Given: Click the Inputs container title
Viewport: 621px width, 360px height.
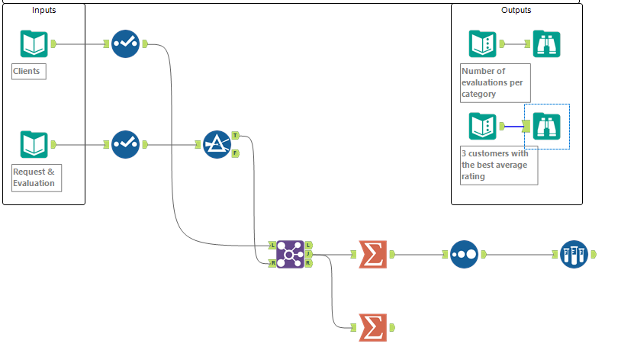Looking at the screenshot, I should tap(43, 10).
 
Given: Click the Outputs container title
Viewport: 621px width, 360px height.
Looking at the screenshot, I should tap(516, 10).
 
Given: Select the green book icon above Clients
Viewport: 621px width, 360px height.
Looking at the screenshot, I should tap(34, 44).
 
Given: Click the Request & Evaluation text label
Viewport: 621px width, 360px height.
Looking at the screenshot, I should tap(35, 177).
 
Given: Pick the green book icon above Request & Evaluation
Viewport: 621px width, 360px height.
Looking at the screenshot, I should tap(34, 144).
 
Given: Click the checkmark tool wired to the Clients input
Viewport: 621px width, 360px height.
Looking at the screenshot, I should tap(125, 43).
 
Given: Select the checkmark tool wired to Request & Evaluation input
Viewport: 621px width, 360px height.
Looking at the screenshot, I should tap(125, 144).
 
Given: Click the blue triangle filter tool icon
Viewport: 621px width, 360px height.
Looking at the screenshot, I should tap(217, 144).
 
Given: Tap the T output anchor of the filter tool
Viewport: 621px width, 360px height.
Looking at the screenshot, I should tap(235, 135).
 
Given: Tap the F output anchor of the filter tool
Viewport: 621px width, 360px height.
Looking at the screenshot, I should tap(235, 153).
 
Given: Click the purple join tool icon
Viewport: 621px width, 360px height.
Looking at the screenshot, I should tap(290, 253).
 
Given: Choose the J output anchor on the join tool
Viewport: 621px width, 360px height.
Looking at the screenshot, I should tap(307, 253).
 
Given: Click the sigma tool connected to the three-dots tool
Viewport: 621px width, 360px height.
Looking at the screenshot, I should tap(372, 253).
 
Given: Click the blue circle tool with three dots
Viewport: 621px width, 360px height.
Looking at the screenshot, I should tap(464, 253).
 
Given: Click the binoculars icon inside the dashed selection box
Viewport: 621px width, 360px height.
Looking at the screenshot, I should tap(546, 125).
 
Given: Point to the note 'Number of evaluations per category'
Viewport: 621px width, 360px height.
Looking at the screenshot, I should tap(494, 83).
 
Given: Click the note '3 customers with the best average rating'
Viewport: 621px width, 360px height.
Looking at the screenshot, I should tap(498, 165).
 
